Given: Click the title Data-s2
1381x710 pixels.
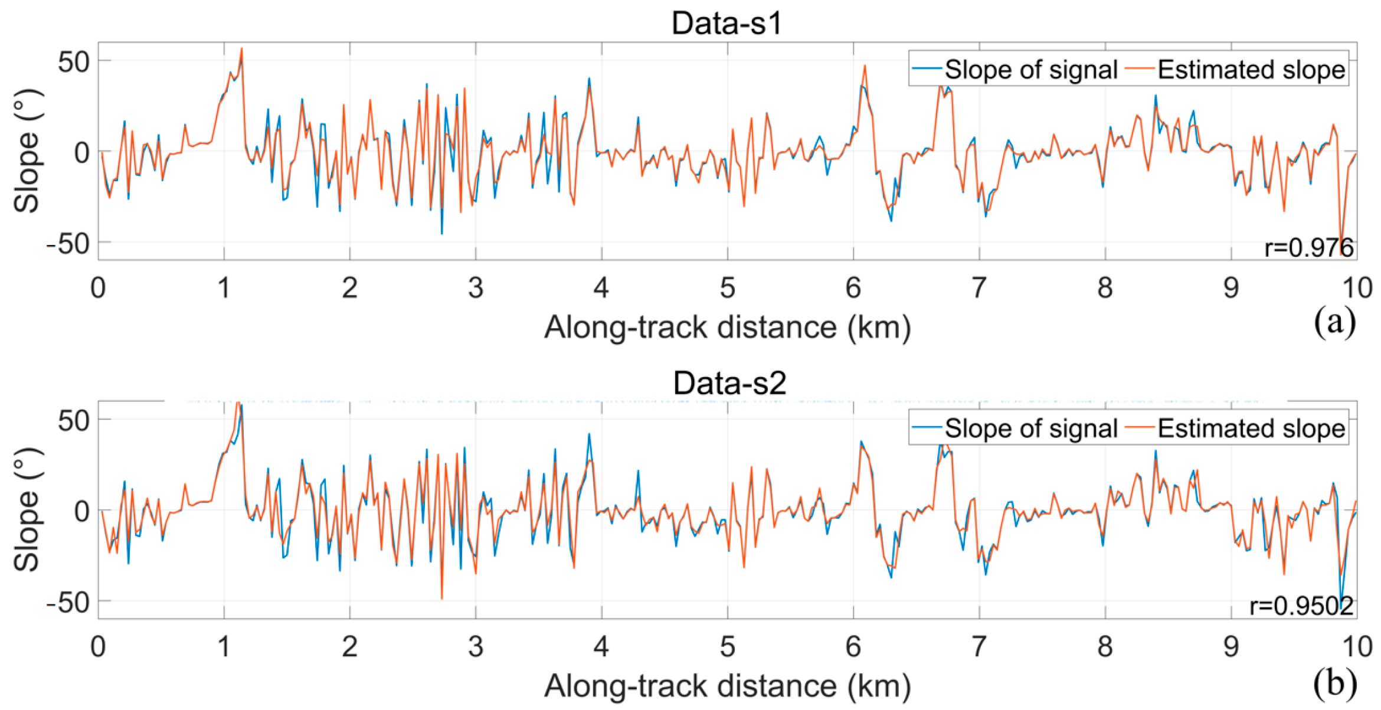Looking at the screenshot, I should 729,383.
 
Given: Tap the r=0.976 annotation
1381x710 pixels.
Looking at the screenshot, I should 1308,247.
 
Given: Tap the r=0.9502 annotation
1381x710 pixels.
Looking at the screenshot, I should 1301,606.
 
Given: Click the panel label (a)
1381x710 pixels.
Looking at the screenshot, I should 1334,322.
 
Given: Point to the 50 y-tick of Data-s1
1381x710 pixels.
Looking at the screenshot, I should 73,61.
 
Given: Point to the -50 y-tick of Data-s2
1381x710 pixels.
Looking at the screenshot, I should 67,602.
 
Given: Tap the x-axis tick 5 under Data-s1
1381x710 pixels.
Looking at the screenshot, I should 727,287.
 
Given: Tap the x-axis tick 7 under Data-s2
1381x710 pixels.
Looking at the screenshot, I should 979,647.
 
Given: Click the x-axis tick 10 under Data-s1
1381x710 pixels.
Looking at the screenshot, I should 1357,287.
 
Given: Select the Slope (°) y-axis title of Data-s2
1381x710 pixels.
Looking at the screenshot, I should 27,509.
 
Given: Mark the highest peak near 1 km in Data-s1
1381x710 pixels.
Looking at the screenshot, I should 241,49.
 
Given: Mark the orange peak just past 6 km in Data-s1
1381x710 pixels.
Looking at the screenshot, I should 865,66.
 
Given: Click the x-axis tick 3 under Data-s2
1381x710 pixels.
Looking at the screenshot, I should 476,647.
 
